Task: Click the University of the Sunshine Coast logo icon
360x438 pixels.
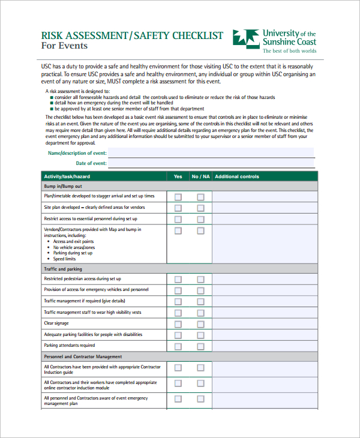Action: point(245,38)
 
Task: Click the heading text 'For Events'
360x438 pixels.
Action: point(64,46)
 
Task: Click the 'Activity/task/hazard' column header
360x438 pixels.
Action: point(67,176)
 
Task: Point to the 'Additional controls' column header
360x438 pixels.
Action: point(237,176)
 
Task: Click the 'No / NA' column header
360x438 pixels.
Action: point(200,176)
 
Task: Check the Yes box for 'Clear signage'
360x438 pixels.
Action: point(178,323)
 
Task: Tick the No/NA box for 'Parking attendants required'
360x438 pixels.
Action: point(200,346)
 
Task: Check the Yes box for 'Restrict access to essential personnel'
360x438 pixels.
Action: point(178,219)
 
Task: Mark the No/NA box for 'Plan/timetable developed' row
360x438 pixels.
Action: point(200,197)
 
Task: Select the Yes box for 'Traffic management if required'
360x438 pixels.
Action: point(178,301)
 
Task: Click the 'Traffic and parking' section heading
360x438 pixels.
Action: point(63,269)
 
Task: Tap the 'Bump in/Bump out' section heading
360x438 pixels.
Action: point(63,187)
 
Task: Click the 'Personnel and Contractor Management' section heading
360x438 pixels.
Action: point(83,356)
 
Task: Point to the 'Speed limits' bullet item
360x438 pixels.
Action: point(64,259)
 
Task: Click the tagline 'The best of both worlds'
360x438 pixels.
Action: point(289,52)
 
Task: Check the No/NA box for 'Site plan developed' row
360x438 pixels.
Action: point(200,208)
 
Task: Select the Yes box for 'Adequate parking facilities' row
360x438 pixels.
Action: point(178,335)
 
